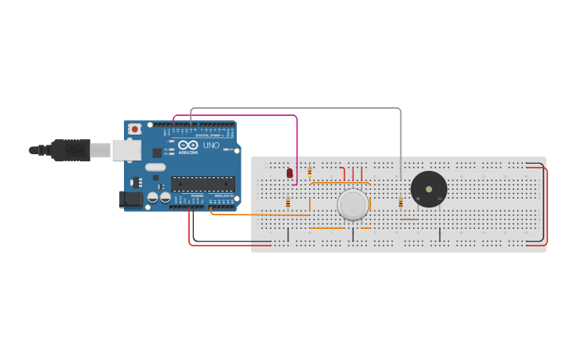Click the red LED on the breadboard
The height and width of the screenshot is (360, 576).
pyautogui.click(x=290, y=172)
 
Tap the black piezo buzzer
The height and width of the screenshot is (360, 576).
pyautogui.click(x=428, y=189)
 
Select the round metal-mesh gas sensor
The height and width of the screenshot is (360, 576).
pyautogui.click(x=353, y=204)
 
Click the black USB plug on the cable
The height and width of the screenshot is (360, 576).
pyautogui.click(x=70, y=149)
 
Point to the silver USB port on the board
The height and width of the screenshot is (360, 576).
pyautogui.click(x=126, y=149)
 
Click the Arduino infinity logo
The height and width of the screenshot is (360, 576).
pyautogui.click(x=188, y=145)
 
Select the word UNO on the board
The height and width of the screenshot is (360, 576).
pyautogui.click(x=211, y=145)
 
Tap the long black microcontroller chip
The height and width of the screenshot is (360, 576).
pyautogui.click(x=203, y=184)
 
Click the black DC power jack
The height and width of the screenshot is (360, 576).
pyautogui.click(x=130, y=199)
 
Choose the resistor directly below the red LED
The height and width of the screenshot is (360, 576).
pyautogui.click(x=288, y=202)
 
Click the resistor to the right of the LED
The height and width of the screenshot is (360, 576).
pyautogui.click(x=310, y=171)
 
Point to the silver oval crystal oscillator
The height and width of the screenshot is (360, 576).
pyautogui.click(x=155, y=167)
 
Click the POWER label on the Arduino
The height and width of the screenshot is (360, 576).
pyautogui.click(x=197, y=195)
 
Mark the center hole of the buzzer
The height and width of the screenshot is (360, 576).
pyautogui.click(x=429, y=189)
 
